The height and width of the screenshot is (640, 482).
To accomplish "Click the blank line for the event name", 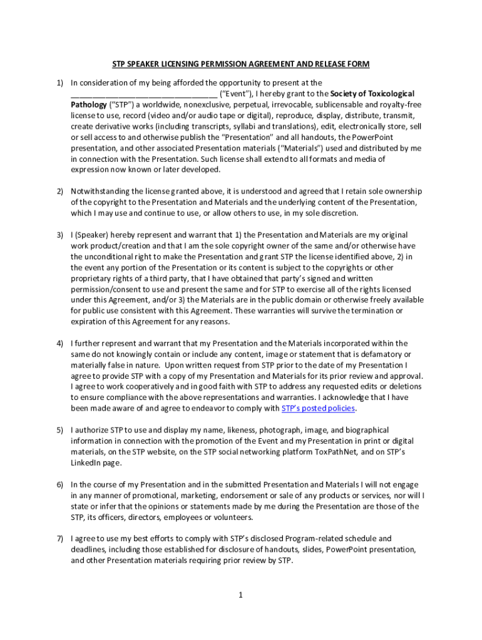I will (143, 94).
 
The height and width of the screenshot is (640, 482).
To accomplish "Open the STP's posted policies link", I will (318, 409).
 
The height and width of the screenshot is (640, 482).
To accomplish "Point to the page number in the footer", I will (240, 595).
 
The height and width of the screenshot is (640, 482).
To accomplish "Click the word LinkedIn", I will (88, 463).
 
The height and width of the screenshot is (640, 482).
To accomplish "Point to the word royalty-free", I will (399, 104).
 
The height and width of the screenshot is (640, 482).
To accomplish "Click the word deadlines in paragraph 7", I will (88, 550).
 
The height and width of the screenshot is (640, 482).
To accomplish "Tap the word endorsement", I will (228, 496).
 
